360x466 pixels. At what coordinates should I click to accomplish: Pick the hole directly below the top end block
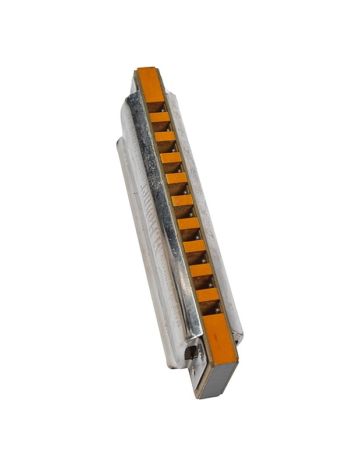pyautogui.click(x=156, y=106)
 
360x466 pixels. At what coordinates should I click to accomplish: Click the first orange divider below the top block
pyautogui.click(x=159, y=116)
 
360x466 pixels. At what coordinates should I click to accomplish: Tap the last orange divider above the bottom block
pyautogui.click(x=207, y=295)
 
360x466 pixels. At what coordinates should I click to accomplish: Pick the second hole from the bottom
pyautogui.click(x=204, y=283)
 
